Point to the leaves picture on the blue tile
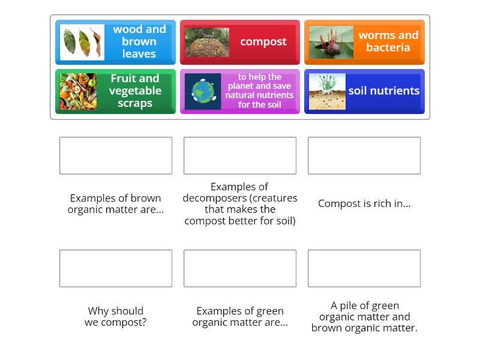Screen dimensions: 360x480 [82, 42]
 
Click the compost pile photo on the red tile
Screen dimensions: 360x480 [206, 42]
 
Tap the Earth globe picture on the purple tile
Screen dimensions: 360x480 [203, 92]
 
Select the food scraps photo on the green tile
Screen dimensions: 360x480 [78, 91]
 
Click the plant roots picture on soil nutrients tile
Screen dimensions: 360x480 [327, 91]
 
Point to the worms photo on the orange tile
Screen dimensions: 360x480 [331, 42]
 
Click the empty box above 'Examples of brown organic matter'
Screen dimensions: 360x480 [116, 155]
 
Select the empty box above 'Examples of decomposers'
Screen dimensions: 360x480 [240, 155]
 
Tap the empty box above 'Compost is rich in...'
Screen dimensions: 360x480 [364, 155]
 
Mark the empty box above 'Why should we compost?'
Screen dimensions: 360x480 [116, 268]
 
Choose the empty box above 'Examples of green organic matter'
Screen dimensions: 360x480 [240, 268]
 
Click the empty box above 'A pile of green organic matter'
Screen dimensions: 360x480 [364, 268]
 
